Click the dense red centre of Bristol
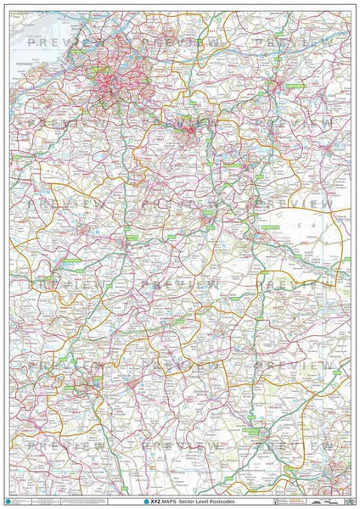pyautogui.click(x=109, y=81)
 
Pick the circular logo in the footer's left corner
pyautogui.click(x=8, y=501)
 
